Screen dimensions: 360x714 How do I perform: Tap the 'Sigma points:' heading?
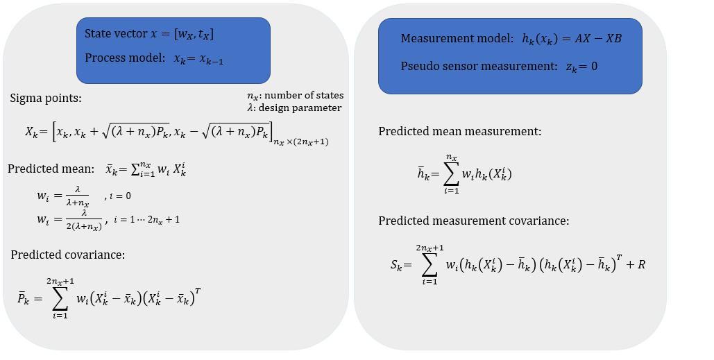[x=46, y=98]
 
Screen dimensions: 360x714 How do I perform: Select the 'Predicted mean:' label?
[x=50, y=169]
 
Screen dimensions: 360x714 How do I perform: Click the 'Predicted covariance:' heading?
[x=67, y=255]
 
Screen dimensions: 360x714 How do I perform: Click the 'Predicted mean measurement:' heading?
[x=459, y=131]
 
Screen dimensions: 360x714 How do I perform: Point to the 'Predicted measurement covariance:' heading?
[x=474, y=221]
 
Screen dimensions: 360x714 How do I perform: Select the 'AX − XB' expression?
[x=592, y=39]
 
